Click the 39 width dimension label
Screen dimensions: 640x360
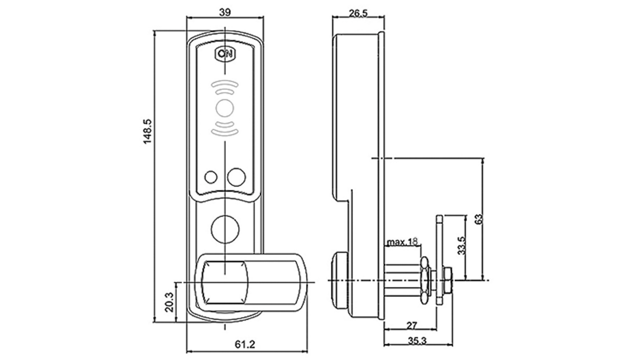225,12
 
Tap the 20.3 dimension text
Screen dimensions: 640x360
169,302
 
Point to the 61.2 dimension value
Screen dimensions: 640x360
245,344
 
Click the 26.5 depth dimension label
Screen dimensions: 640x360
358,13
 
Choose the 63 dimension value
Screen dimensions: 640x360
479,219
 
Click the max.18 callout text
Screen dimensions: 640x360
402,242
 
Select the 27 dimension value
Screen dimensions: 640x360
412,325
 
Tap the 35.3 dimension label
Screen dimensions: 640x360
417,341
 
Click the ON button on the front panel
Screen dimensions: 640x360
225,54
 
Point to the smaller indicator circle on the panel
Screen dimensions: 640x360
211,177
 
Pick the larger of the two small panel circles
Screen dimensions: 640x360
237,177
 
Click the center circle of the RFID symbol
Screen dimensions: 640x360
225,108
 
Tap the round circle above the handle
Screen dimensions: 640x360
225,230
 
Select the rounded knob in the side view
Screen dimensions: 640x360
340,280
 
